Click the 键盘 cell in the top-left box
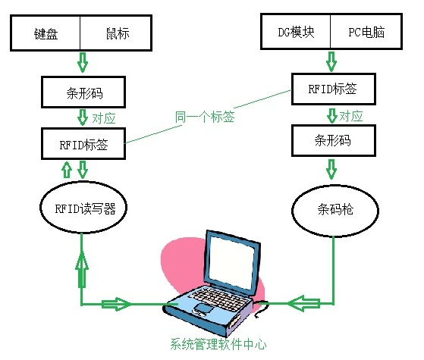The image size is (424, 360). point(46,35)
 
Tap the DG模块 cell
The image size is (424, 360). point(295,33)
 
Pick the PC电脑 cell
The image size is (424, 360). point(367,33)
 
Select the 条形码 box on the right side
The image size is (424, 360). point(334,141)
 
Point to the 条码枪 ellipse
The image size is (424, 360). point(334,207)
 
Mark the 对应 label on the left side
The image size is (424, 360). point(103,119)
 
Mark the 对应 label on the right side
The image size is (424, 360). point(350,116)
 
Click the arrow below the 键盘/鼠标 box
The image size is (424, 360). point(83,60)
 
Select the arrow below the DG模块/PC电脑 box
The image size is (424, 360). point(331,59)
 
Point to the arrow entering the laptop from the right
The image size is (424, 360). point(304,303)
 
